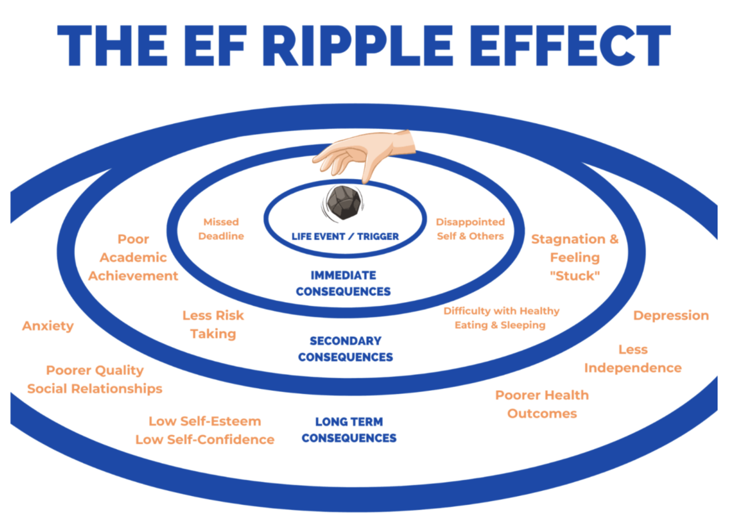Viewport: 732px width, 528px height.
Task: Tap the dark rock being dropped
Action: [x=344, y=202]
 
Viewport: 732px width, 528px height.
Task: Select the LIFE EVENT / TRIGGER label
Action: [x=345, y=236]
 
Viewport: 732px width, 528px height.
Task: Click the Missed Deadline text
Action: [x=221, y=229]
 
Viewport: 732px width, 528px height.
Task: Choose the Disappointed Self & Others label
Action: [x=470, y=229]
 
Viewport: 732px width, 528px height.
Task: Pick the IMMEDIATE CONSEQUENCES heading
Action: [x=343, y=283]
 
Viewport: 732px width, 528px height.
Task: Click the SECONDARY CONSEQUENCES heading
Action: [x=345, y=349]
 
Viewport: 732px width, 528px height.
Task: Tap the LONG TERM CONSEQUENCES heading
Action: [x=349, y=430]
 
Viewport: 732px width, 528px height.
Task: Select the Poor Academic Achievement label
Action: [x=133, y=257]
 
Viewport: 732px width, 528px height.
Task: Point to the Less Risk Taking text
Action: [x=213, y=324]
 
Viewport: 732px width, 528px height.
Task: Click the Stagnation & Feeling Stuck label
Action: [x=575, y=257]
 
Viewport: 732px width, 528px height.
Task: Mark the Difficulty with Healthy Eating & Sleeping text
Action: [x=501, y=318]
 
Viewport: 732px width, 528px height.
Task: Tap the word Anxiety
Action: [x=48, y=326]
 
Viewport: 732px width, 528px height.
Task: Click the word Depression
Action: [x=671, y=315]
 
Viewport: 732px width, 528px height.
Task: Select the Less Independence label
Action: [x=633, y=358]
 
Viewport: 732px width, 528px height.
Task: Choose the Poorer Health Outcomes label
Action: [x=542, y=404]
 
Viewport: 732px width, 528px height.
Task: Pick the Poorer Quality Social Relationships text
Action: [x=95, y=379]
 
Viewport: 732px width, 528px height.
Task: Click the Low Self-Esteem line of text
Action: [x=205, y=421]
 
